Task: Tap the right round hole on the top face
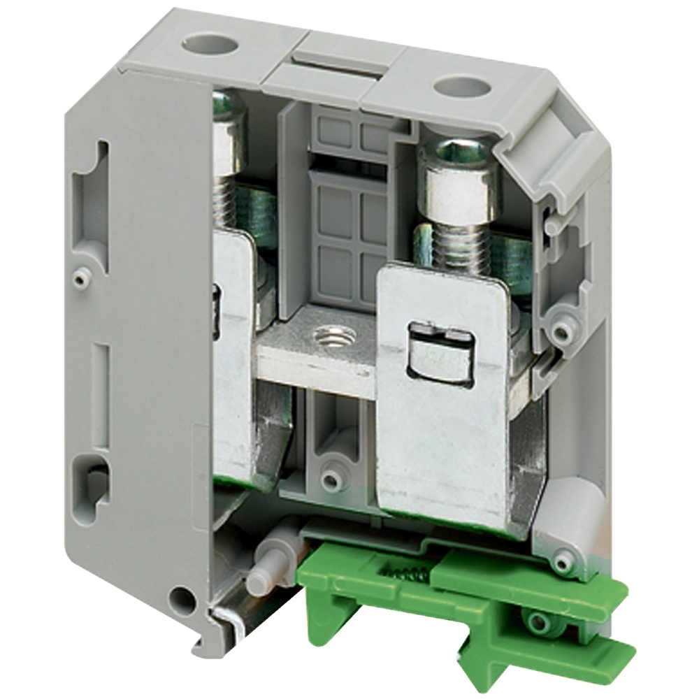pos(461,87)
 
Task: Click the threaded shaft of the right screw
pos(454,245)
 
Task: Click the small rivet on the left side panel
pos(81,278)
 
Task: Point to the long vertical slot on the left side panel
pos(102,395)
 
